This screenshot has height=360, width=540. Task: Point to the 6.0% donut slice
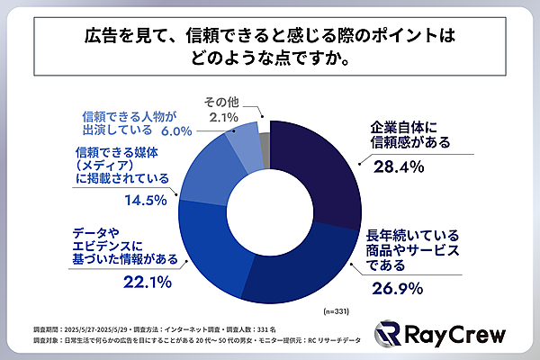(243, 139)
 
